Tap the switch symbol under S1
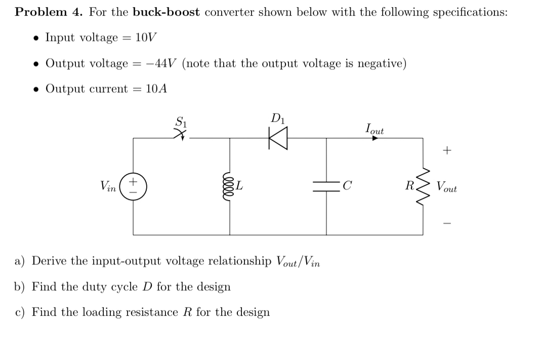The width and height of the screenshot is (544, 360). [x=179, y=134]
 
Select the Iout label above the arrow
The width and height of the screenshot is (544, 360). [x=374, y=129]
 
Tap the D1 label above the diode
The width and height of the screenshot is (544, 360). [x=277, y=119]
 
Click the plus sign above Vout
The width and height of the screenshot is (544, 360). [x=446, y=150]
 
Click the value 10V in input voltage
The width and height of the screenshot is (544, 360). [x=146, y=37]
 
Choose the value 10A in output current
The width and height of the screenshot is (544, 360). [x=156, y=89]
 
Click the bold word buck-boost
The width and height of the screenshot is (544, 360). [x=167, y=12]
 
